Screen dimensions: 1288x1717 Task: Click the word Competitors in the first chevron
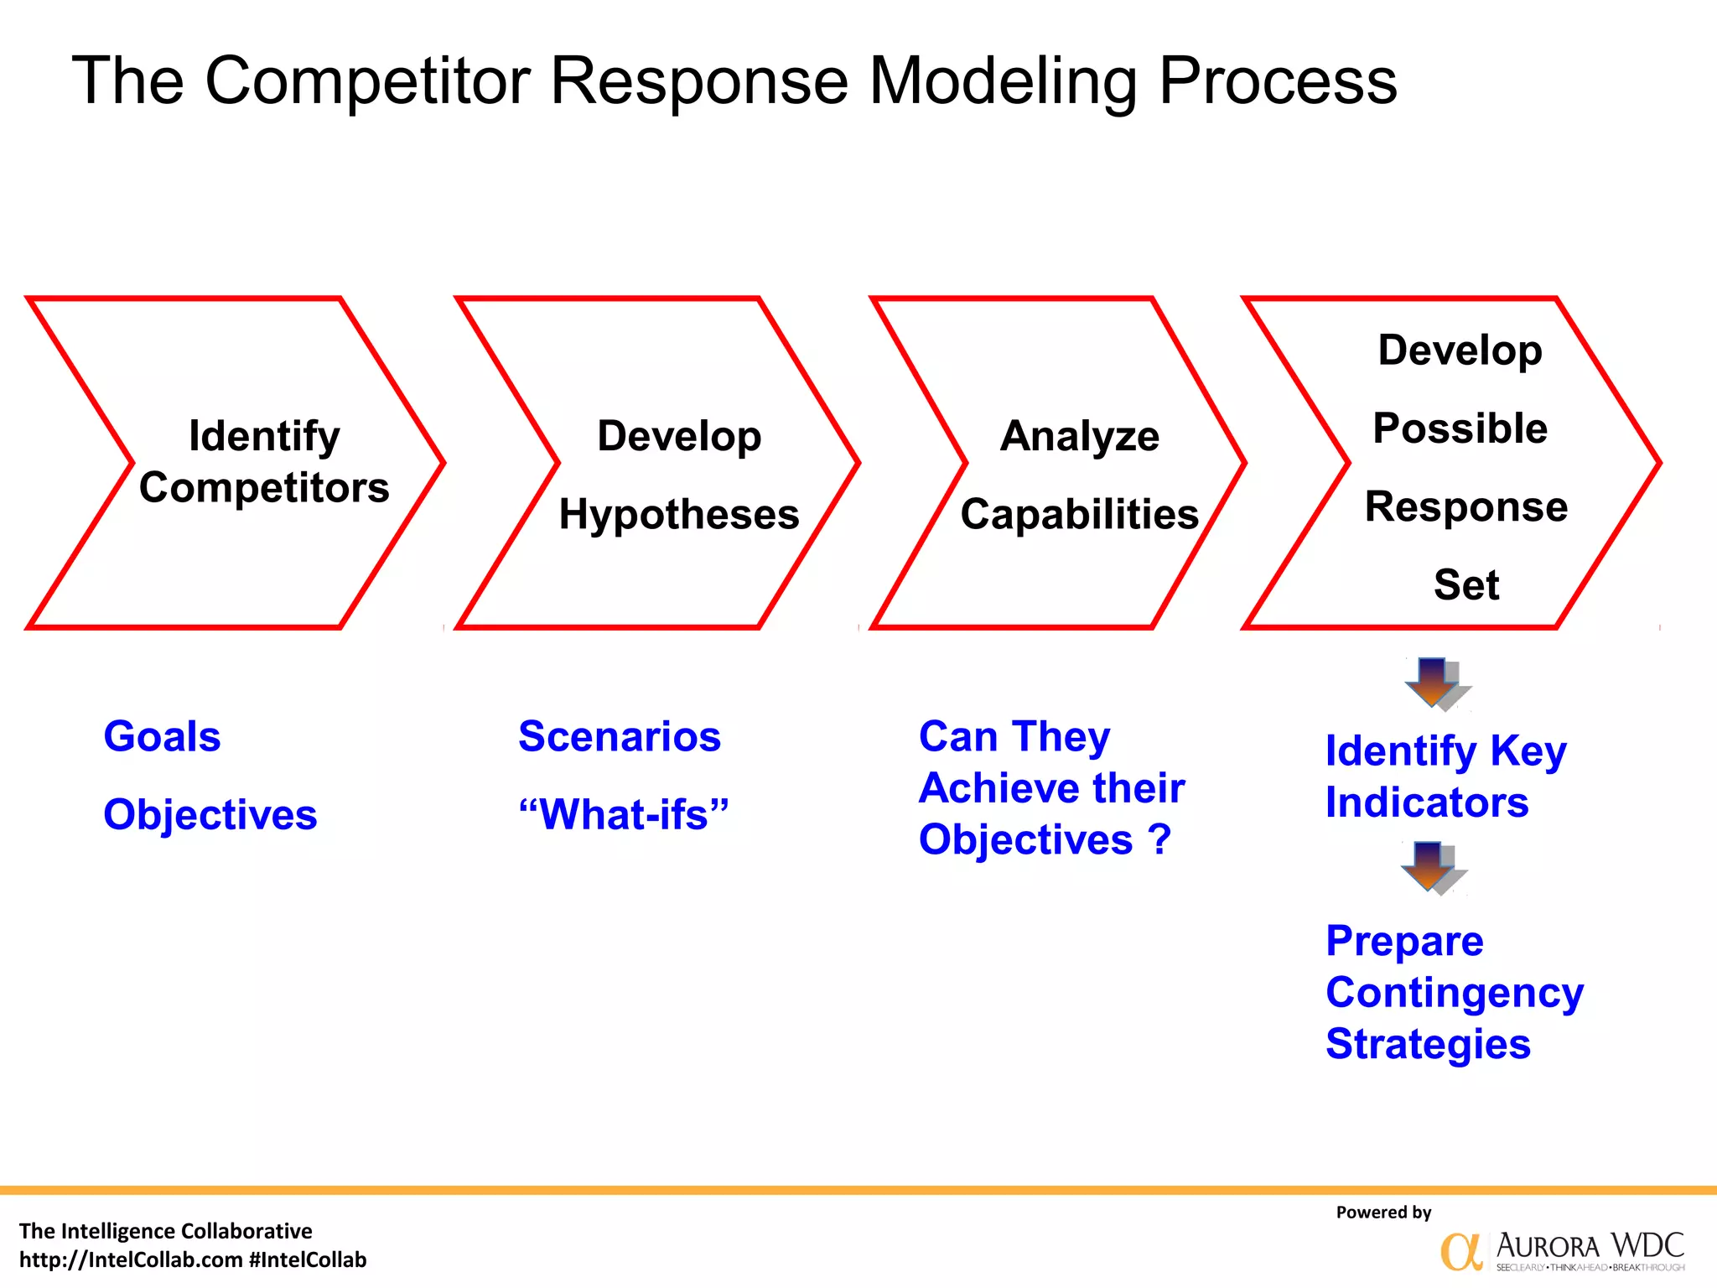click(264, 488)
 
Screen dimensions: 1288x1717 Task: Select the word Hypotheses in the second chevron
click(679, 514)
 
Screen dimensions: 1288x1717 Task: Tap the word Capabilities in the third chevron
click(1080, 514)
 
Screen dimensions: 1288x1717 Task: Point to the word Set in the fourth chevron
click(1465, 584)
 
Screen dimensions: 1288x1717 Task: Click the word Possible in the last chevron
click(1460, 428)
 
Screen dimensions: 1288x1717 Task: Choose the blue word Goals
click(162, 737)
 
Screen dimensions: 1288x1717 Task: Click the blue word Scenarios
click(620, 737)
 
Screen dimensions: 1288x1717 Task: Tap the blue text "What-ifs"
click(624, 815)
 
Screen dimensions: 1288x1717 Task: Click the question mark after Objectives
click(1159, 839)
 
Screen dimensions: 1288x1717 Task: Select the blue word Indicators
click(1427, 802)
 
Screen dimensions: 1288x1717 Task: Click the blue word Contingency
click(1455, 993)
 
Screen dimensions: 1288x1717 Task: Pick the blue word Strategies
click(1428, 1045)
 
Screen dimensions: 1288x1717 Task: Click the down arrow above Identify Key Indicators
click(1435, 683)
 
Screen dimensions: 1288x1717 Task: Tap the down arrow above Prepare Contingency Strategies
click(1432, 867)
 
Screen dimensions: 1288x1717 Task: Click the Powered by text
click(1383, 1213)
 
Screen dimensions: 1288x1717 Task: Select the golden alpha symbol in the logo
click(1460, 1252)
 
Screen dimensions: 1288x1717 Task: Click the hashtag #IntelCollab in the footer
click(308, 1260)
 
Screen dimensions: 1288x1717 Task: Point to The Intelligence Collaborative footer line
click(165, 1231)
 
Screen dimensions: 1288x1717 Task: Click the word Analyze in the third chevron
click(1080, 436)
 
